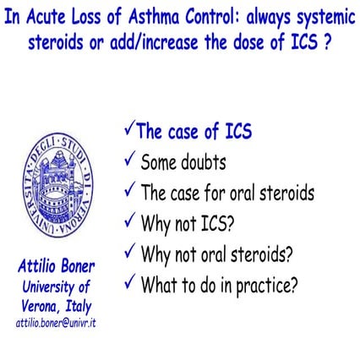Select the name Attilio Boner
[x=56, y=266]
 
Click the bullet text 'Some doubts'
[x=183, y=161]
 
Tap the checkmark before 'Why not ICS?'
[x=129, y=222]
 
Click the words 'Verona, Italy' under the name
[x=57, y=306]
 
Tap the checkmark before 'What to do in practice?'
[x=129, y=283]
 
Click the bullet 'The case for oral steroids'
[x=227, y=193]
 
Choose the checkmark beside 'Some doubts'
[x=129, y=160]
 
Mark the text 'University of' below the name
[x=56, y=286]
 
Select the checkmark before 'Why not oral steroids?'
[x=129, y=252]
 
